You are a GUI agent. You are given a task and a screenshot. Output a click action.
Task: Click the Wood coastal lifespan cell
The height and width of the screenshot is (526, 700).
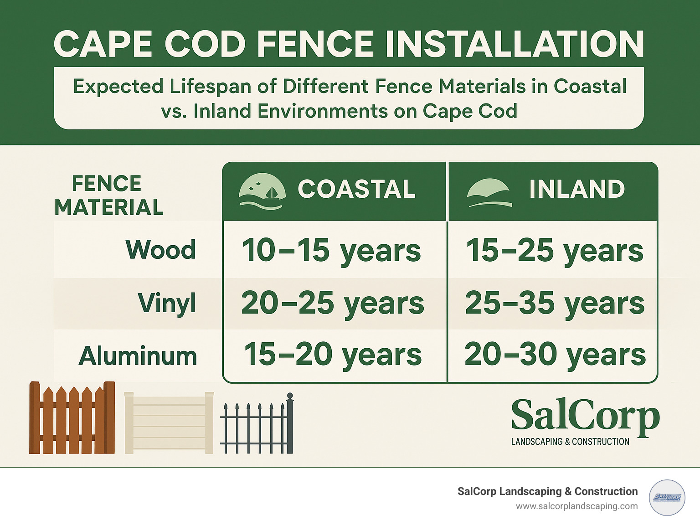tap(331, 250)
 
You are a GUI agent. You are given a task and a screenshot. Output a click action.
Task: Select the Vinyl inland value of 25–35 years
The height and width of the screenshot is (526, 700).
tap(554, 303)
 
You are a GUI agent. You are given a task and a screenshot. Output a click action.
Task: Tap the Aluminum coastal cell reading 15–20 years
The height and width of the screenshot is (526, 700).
tap(333, 355)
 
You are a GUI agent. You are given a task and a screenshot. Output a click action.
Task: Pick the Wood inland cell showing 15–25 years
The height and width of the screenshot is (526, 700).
tap(554, 250)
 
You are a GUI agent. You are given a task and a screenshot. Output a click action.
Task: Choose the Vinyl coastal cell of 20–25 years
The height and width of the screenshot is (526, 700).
tap(333, 303)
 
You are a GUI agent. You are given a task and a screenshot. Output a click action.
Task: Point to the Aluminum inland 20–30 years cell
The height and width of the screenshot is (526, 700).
tap(555, 355)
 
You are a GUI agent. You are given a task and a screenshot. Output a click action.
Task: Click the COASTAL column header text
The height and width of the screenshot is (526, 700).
tap(356, 189)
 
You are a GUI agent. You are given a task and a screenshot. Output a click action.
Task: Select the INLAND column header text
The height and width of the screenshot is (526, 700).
tap(576, 189)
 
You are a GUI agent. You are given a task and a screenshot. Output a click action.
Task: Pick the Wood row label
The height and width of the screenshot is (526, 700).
tap(160, 250)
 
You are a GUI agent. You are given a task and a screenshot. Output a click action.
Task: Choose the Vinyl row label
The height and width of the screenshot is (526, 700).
tap(167, 303)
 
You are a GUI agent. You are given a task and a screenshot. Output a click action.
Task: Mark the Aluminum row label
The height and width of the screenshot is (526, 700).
tap(138, 356)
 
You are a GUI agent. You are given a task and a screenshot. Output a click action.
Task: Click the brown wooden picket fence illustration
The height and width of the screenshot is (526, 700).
tap(72, 418)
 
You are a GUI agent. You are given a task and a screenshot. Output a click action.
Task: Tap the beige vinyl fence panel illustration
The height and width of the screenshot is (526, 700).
tap(169, 423)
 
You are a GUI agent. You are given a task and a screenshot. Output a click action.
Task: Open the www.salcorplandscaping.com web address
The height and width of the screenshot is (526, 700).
tap(576, 506)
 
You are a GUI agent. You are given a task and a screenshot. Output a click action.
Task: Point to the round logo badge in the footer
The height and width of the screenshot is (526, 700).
tap(667, 497)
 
